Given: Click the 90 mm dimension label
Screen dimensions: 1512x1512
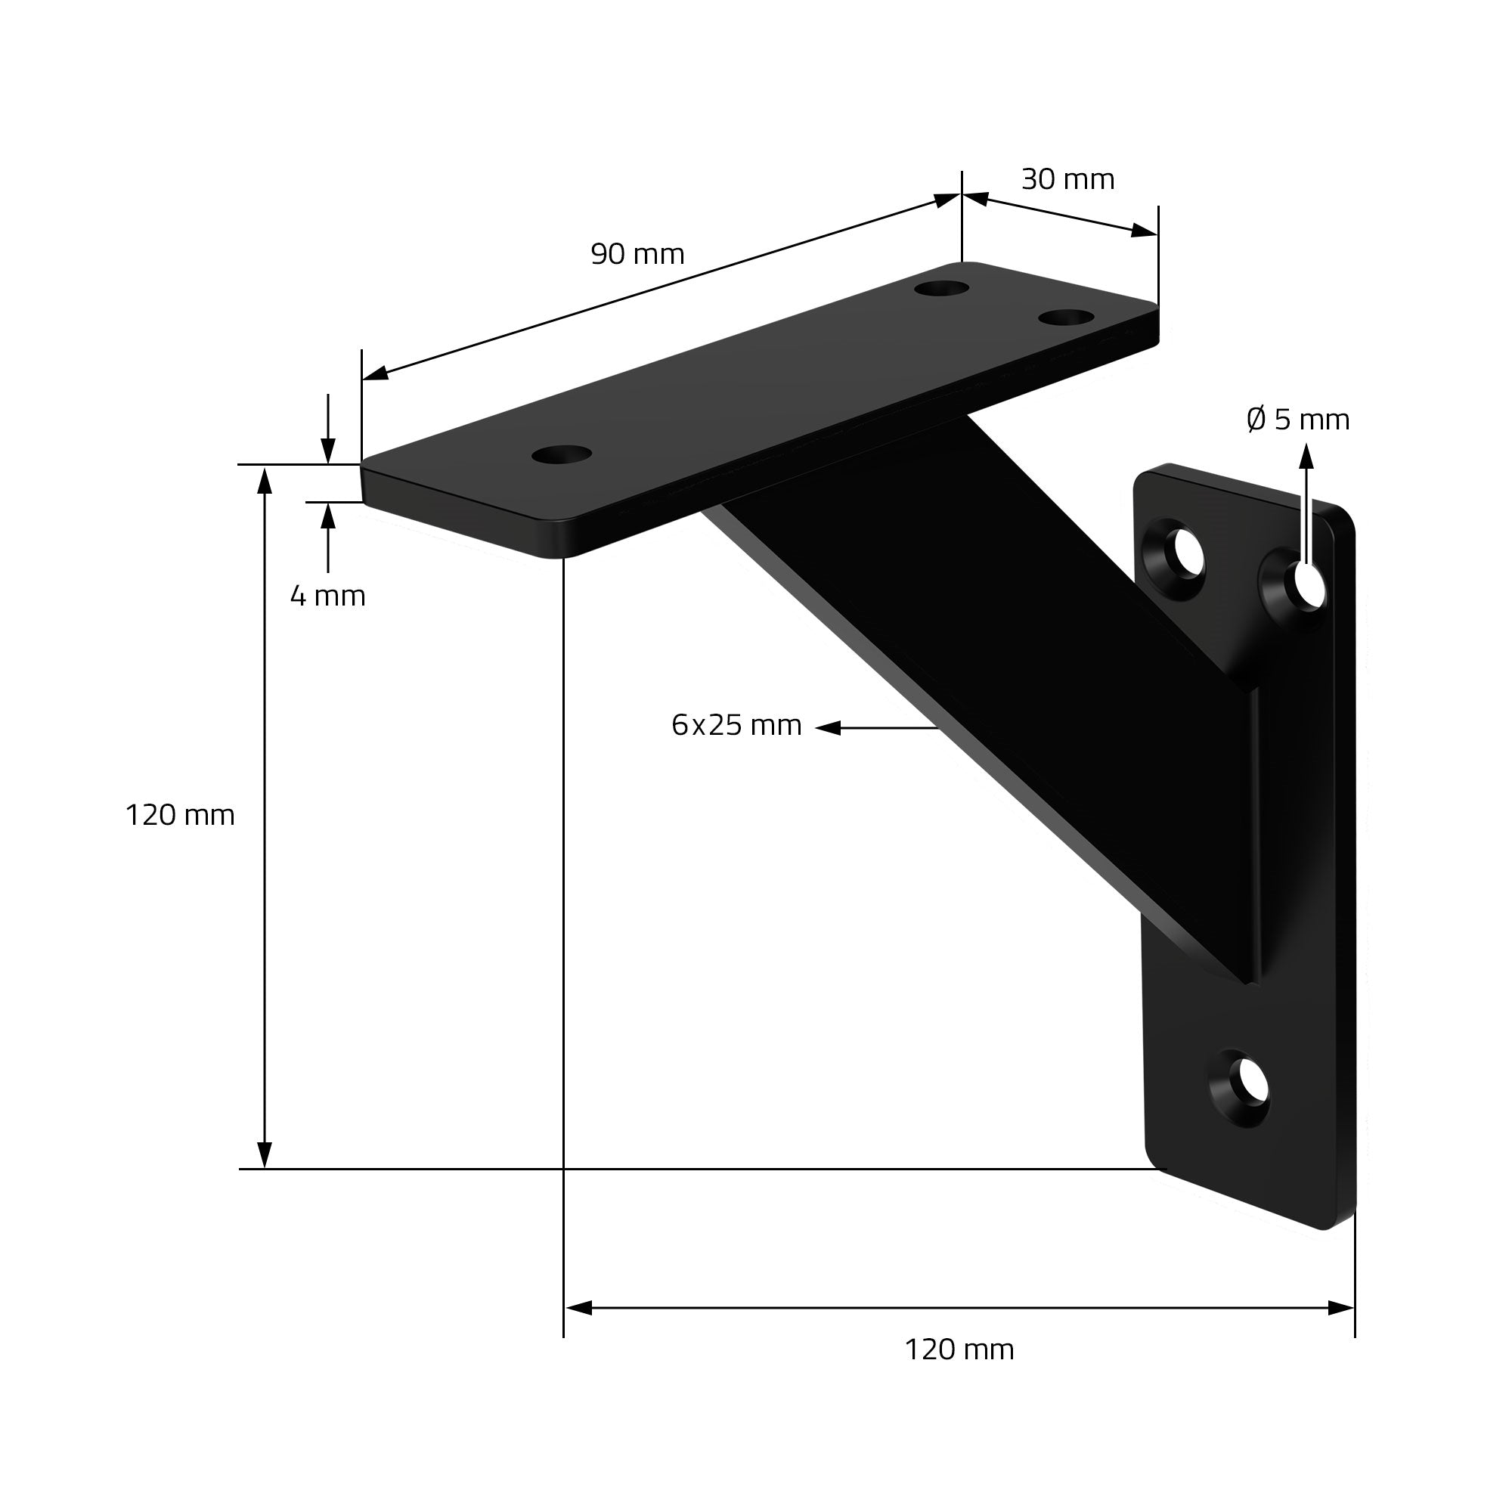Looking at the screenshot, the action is click(x=637, y=254).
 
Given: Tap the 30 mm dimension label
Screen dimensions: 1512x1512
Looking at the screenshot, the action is click(x=1067, y=179).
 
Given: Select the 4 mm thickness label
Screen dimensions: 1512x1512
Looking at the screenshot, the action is click(x=328, y=596).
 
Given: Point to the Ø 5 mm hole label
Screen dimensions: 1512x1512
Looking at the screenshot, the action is click(x=1298, y=420).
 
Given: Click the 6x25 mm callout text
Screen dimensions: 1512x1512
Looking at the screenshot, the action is click(x=736, y=725).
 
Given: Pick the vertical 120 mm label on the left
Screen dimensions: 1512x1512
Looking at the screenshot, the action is click(x=180, y=816).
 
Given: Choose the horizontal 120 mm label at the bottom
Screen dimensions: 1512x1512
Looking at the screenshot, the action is click(x=959, y=1349).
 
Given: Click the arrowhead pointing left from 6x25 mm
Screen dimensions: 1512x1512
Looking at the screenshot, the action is click(x=828, y=728).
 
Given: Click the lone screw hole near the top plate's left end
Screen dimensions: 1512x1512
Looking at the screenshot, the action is click(x=561, y=454).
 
